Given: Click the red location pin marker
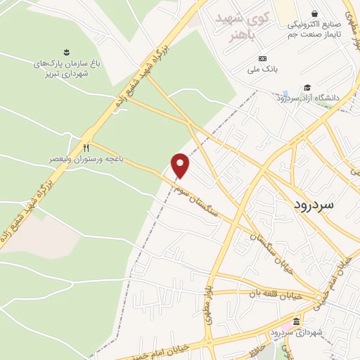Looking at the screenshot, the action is (181, 165).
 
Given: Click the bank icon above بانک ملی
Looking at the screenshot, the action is (262, 58).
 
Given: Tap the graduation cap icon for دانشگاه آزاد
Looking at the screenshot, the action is (307, 88).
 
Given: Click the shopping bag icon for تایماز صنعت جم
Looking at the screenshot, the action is (314, 13).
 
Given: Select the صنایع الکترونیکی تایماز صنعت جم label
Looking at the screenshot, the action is (314, 28).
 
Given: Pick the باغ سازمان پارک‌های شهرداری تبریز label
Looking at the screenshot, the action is (67, 68).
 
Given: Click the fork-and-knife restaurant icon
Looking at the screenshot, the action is (86, 148).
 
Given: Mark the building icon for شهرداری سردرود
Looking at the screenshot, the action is (296, 321).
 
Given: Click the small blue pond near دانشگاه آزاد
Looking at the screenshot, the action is (285, 94).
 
